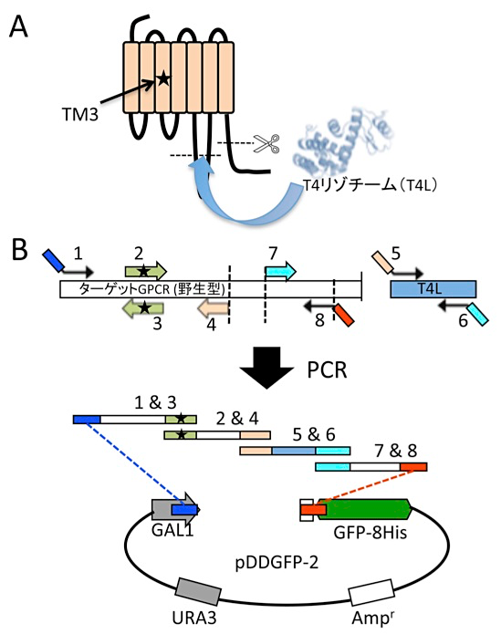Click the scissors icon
(x=266, y=143)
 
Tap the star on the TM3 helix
(x=163, y=78)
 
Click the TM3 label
(x=80, y=115)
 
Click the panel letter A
(x=18, y=27)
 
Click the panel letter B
(x=19, y=250)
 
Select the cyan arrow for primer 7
(x=281, y=271)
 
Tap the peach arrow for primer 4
(x=214, y=309)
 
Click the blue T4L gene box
(x=433, y=289)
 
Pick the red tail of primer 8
(x=344, y=315)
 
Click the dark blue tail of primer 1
(x=54, y=260)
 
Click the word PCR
(x=327, y=369)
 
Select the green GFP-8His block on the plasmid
(x=364, y=509)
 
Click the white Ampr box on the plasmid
(x=371, y=592)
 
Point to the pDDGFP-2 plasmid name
(x=277, y=563)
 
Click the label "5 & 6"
(x=314, y=434)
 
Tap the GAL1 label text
(x=172, y=530)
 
